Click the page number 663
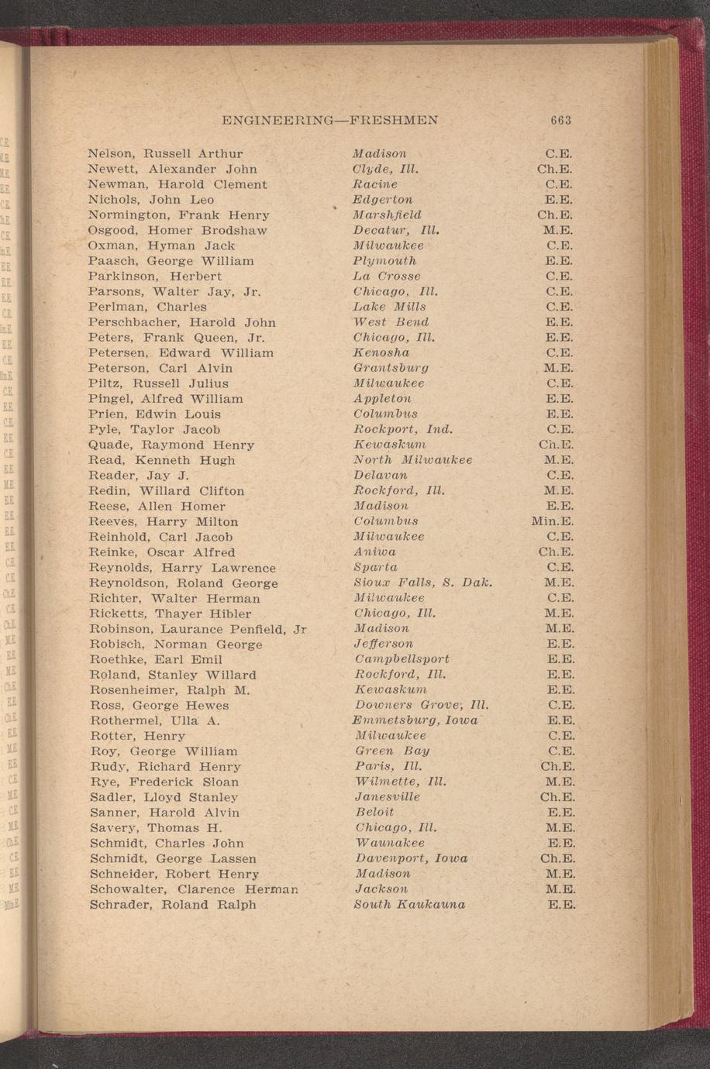point(560,120)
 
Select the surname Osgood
point(114,231)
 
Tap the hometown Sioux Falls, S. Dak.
point(423,583)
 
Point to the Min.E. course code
point(553,521)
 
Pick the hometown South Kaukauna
point(410,905)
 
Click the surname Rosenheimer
point(137,690)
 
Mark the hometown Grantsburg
point(391,368)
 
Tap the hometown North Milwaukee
point(412,460)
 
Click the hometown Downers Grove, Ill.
point(422,705)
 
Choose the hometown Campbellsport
point(402,659)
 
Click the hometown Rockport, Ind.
point(403,429)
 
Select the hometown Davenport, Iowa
point(411,858)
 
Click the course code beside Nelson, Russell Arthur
point(559,154)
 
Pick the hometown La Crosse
point(387,277)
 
